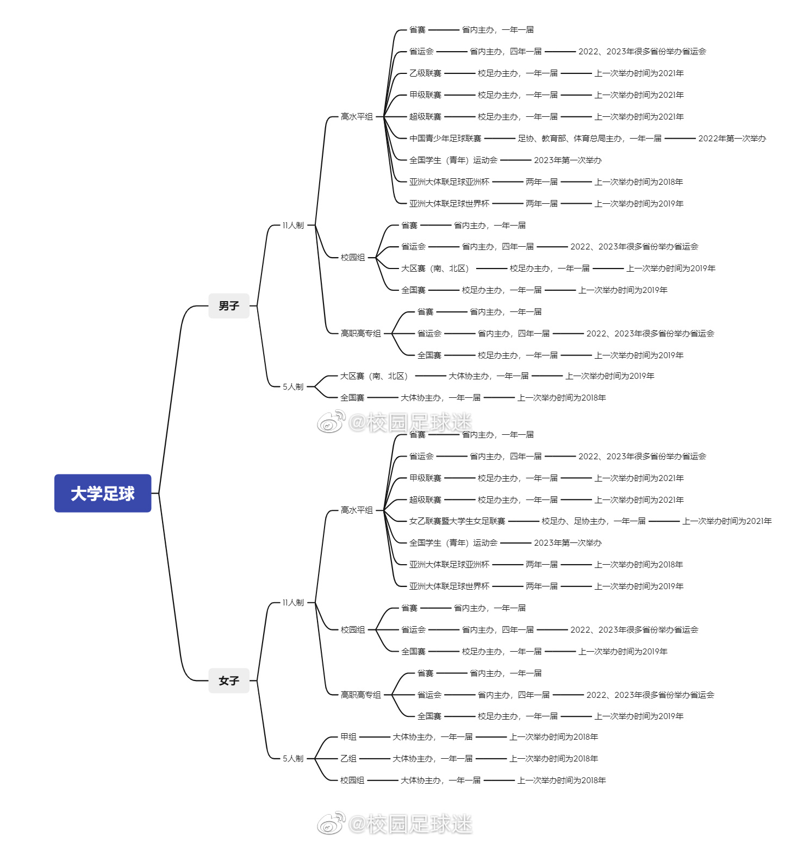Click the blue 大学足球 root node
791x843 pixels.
103,493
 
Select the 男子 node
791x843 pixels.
229,306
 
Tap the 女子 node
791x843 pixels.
229,680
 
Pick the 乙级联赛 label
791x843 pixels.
425,73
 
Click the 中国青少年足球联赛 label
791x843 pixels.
445,139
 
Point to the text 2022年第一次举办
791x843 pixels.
732,139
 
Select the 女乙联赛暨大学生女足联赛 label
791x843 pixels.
457,521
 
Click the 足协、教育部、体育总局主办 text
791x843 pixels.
589,139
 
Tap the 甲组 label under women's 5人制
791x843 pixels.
348,737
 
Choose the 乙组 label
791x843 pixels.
348,759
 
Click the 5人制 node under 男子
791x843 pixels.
293,387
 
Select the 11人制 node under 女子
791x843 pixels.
293,603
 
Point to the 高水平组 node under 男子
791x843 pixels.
357,117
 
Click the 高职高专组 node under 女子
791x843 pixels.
360,695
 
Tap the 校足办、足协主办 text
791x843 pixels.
593,521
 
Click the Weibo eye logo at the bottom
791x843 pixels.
332,823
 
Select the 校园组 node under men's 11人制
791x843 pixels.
353,258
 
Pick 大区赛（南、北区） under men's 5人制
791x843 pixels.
374,376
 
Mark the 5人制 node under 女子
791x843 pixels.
293,759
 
